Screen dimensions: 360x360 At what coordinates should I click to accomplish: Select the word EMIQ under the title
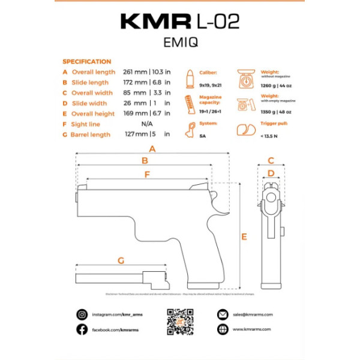180,43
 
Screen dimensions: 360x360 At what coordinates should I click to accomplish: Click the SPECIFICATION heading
86,61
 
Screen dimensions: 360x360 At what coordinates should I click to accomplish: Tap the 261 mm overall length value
136,72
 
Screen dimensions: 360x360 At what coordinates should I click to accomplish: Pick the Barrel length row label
91,135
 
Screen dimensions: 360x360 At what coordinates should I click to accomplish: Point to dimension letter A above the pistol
152,148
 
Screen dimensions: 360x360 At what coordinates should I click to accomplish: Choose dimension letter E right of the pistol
244,237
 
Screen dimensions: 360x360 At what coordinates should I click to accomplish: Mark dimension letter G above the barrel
121,260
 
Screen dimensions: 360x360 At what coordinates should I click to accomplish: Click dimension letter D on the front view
271,173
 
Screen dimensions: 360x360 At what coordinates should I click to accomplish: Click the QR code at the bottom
179,322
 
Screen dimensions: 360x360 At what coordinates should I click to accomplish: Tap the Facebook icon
82,329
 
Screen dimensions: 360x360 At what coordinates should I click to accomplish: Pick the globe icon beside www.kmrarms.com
222,329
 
